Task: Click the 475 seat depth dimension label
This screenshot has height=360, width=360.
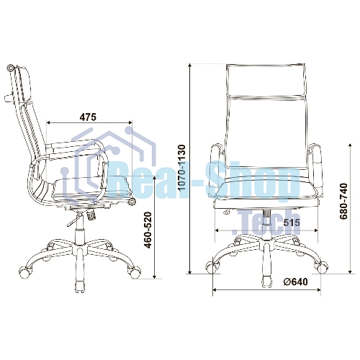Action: point(88,117)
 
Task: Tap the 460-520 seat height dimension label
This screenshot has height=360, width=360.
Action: point(148,230)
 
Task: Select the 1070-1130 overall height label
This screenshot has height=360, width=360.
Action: point(182,168)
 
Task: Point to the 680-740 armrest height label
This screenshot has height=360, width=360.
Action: point(343,201)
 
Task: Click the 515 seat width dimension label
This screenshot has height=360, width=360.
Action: point(292,222)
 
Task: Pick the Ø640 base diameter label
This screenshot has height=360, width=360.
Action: point(295,282)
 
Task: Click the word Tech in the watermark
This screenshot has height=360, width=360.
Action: point(266,222)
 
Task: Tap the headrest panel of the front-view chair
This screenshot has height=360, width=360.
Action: point(266,81)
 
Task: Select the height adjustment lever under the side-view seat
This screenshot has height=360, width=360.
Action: point(74,220)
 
